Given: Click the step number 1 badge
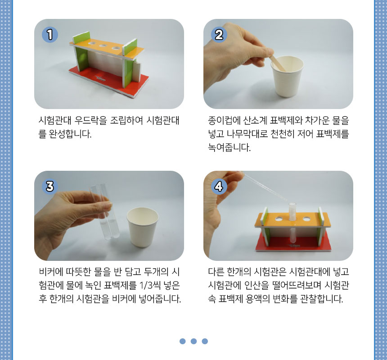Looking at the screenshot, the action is [50, 35].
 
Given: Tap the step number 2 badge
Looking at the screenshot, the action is [219, 35].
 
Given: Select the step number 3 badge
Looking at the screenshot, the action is [50, 186].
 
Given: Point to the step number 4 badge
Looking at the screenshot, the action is [219, 186].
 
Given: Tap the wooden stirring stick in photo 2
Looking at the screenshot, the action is [277, 63].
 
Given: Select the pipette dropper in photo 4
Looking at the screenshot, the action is [264, 186].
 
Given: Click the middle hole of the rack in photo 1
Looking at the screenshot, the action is [103, 46].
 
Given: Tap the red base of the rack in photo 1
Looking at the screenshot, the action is [108, 81].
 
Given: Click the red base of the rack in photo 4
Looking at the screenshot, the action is [292, 243].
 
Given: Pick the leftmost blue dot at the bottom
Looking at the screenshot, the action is [182, 341].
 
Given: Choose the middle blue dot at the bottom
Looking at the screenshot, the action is [194, 341].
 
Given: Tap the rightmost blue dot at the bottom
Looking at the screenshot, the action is [205, 341].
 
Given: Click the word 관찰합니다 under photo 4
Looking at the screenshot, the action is [322, 299].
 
